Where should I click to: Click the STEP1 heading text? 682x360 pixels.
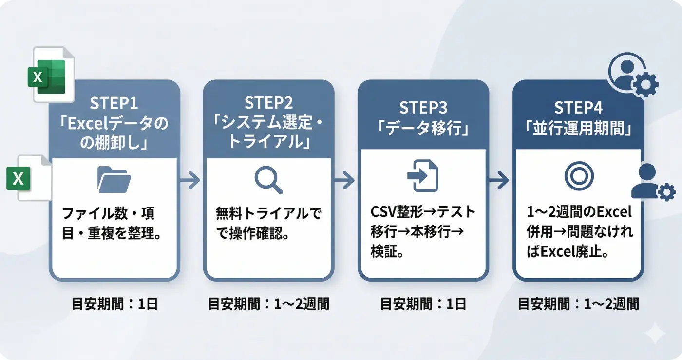[114, 103]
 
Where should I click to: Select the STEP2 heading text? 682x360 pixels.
[268, 103]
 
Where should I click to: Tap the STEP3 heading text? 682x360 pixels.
[423, 107]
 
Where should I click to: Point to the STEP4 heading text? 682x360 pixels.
[578, 107]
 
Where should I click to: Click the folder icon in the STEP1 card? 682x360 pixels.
[114, 180]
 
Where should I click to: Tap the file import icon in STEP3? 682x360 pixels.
[422, 176]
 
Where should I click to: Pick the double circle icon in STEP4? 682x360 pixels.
[578, 176]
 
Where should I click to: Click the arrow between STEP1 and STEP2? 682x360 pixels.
[190, 181]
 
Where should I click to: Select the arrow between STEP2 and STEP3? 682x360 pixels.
[345, 181]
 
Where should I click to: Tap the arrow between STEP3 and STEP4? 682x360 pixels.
[500, 181]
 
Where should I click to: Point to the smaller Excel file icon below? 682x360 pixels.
[29, 178]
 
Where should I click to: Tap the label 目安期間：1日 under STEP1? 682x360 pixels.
[114, 304]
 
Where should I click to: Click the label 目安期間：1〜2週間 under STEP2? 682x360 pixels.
[268, 304]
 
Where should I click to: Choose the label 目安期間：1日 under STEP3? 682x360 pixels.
[423, 304]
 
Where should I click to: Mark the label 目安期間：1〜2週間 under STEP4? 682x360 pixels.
[578, 304]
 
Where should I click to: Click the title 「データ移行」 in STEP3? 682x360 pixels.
[423, 129]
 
